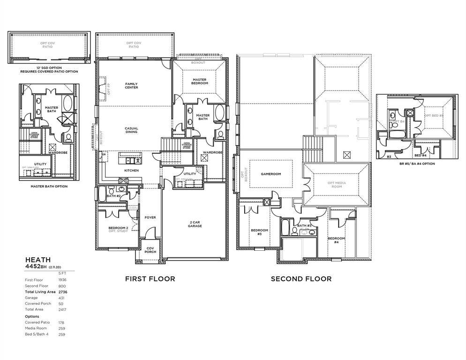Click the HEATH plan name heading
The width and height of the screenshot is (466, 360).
pyautogui.click(x=38, y=259)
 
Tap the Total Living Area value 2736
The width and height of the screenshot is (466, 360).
pyautogui.click(x=63, y=292)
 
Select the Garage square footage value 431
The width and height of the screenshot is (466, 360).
pyautogui.click(x=61, y=298)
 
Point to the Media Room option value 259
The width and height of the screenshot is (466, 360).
pyautogui.click(x=61, y=328)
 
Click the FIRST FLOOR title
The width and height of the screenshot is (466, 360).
pyautogui.click(x=150, y=279)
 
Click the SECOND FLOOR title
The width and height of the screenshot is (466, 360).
pyautogui.click(x=301, y=279)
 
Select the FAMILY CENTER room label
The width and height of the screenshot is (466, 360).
pyautogui.click(x=131, y=85)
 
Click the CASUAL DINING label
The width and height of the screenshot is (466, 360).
pyautogui.click(x=131, y=130)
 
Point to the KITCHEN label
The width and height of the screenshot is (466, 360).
pyautogui.click(x=131, y=170)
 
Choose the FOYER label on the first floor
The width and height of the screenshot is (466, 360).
pyautogui.click(x=150, y=217)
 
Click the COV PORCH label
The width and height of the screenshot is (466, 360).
pyautogui.click(x=150, y=250)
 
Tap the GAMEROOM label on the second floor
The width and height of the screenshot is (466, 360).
pyautogui.click(x=271, y=174)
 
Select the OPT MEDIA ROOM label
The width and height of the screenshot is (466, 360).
pyautogui.click(x=335, y=184)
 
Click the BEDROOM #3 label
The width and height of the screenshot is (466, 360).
pyautogui.click(x=259, y=232)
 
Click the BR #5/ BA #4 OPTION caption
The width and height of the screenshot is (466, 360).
pyautogui.click(x=417, y=164)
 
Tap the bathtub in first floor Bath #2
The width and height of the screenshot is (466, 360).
pyautogui.click(x=102, y=194)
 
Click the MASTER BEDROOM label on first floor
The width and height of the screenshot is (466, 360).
pyautogui.click(x=199, y=82)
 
